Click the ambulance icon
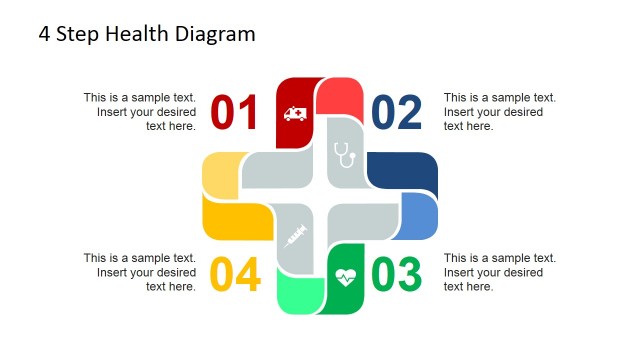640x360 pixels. point(295,113)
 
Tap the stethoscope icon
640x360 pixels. point(345,153)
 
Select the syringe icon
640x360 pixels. point(295,237)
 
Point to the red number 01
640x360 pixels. point(235,113)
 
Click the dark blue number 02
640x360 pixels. point(397,113)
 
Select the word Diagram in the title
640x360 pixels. point(217,34)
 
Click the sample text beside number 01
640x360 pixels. point(140,112)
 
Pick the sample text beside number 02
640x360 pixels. point(499,112)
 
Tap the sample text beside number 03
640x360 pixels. point(499,272)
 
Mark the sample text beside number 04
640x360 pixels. point(140,272)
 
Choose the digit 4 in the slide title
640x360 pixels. point(45,34)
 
